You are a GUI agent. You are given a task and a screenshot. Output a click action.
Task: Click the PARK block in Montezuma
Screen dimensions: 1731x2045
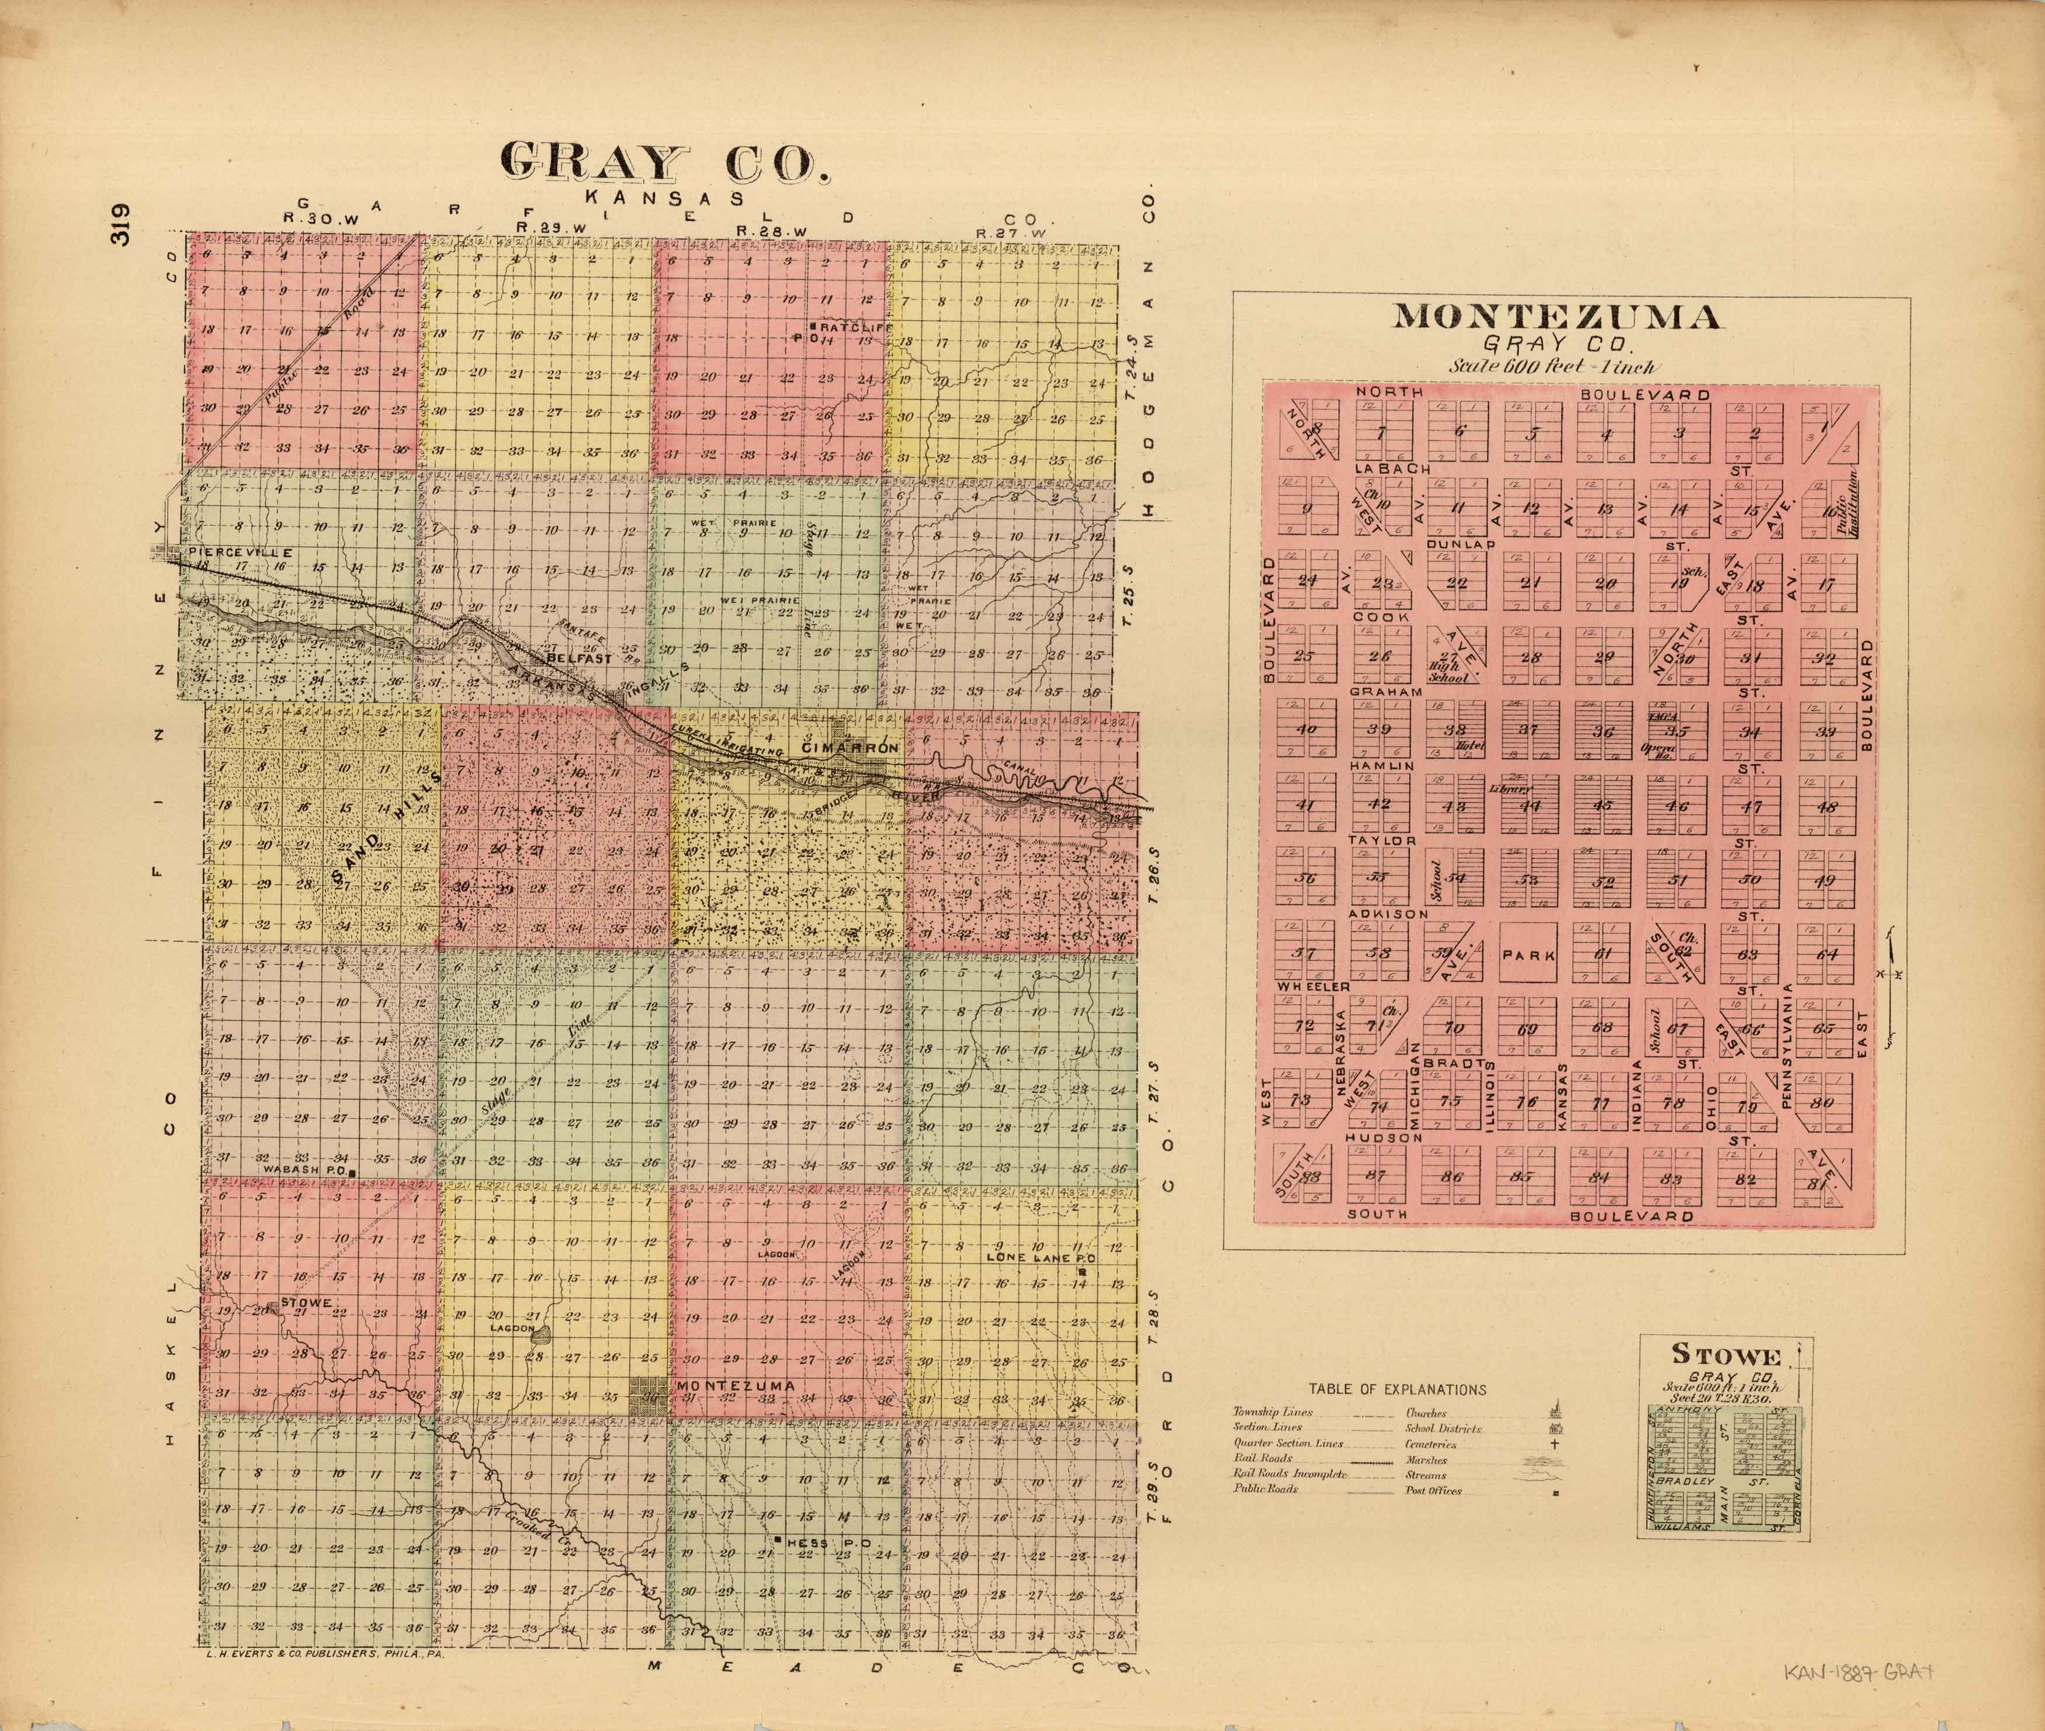coord(1528,954)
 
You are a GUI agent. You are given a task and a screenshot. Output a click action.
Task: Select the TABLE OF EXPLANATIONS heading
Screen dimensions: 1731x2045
coord(1396,1389)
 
